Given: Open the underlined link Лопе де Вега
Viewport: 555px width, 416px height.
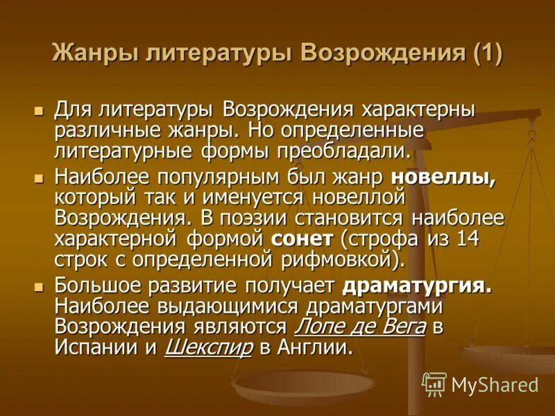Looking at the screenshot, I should click(360, 327).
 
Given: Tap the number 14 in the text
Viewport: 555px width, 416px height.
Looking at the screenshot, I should click(471, 241).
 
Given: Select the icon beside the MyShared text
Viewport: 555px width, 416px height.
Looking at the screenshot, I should click(434, 384).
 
